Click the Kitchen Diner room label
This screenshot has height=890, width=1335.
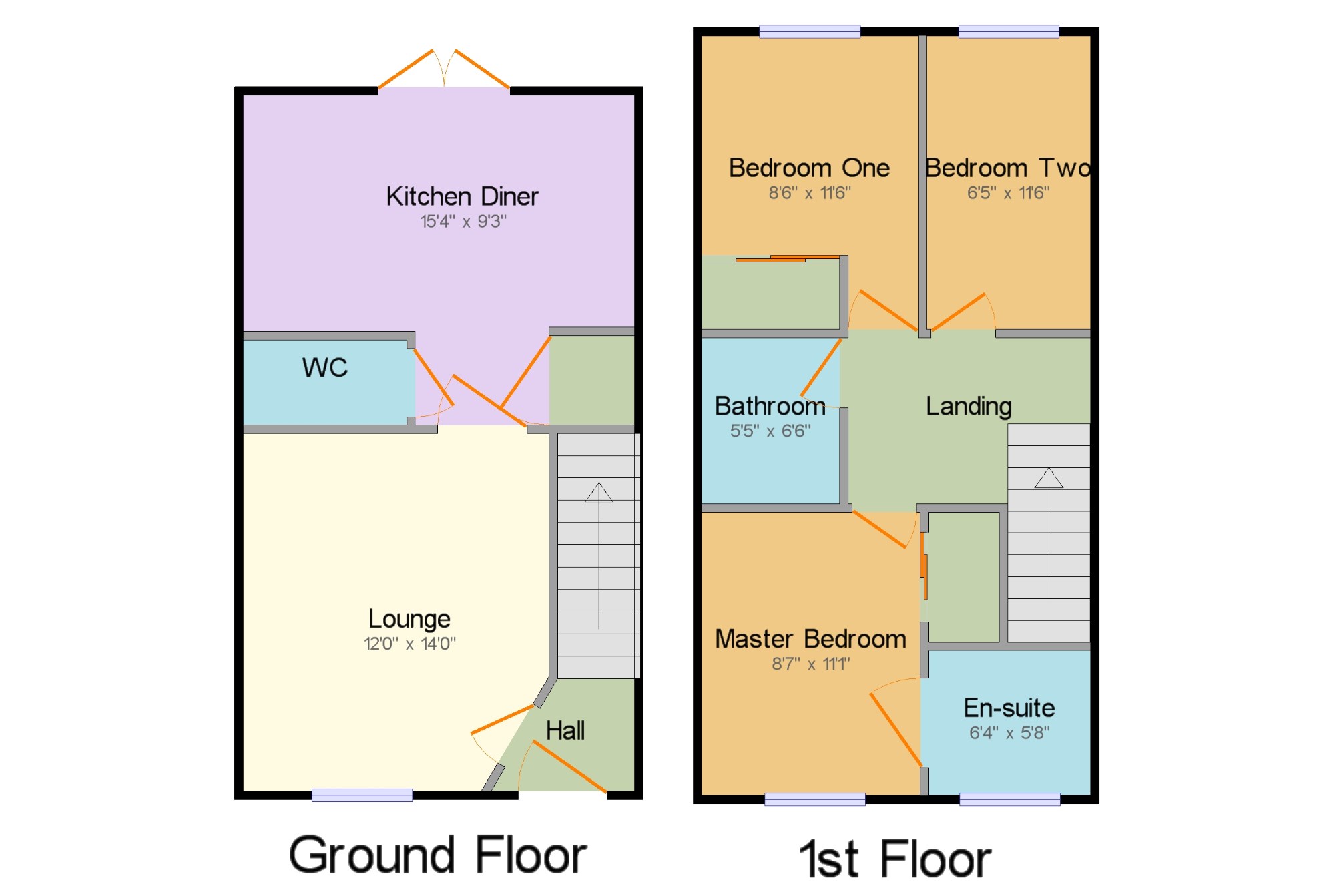462,196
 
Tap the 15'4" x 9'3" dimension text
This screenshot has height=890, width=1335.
463,221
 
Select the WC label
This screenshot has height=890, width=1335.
325,367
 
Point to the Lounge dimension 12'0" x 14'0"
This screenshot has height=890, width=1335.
410,644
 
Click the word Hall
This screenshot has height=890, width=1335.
565,730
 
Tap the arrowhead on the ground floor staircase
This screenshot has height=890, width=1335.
599,493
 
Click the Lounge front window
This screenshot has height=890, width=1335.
362,795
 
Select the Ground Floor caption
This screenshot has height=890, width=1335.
438,855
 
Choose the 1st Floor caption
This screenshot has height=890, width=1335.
895,859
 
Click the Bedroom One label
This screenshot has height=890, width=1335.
809,168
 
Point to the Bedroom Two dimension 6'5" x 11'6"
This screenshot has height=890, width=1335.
1009,193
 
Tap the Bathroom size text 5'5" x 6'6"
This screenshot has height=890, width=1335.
770,431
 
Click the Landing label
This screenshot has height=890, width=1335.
969,406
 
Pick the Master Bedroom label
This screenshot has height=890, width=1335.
811,639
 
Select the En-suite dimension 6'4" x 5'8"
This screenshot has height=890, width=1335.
1009,732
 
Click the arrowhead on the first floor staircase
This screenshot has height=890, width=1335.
1049,477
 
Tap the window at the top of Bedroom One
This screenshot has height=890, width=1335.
810,31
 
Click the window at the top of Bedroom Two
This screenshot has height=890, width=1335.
1009,31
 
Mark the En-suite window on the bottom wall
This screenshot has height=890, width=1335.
1009,799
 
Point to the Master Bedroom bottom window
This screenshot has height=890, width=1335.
815,799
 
